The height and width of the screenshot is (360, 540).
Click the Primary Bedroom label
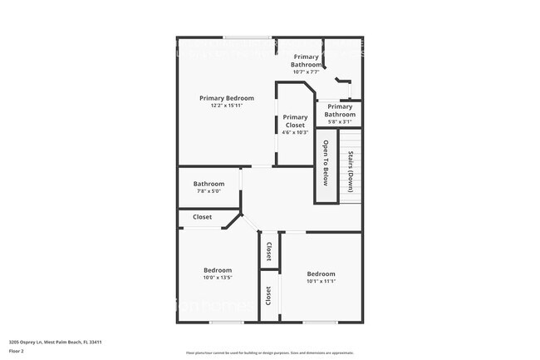pos(226,98)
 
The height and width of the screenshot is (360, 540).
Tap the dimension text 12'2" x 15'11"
pos(226,106)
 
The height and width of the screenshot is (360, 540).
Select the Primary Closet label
pos(295,121)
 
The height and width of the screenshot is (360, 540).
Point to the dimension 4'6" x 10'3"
pos(295,132)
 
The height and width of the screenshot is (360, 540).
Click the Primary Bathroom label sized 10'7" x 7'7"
pos(306,60)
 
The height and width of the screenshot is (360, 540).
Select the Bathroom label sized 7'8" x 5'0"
pos(209,184)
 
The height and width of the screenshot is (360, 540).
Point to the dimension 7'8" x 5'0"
pos(209,191)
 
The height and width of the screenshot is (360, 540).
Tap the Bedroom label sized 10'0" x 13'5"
pos(218,270)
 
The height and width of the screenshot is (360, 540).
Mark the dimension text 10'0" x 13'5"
pos(218,279)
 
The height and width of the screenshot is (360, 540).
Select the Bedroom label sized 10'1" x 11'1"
pos(321,274)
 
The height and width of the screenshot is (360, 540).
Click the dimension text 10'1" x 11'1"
pos(321,281)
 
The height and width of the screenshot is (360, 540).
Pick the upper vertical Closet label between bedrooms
pos(268,250)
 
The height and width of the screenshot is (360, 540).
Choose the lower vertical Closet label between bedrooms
pos(268,295)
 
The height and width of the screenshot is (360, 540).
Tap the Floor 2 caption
pos(17,351)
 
